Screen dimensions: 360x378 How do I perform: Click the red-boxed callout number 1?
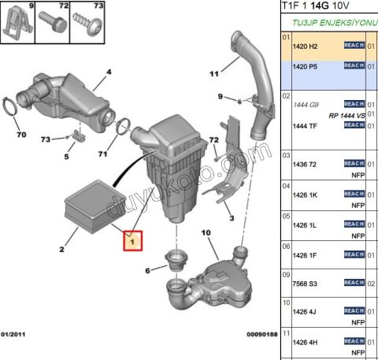(133, 239)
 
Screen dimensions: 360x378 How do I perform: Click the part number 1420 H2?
(305, 47)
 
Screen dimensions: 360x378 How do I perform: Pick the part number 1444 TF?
(305, 126)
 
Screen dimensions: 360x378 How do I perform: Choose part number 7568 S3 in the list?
(305, 283)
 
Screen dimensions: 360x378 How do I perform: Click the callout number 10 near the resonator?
(206, 232)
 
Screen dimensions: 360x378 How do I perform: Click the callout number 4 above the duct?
(109, 72)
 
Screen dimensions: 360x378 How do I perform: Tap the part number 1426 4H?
(305, 341)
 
